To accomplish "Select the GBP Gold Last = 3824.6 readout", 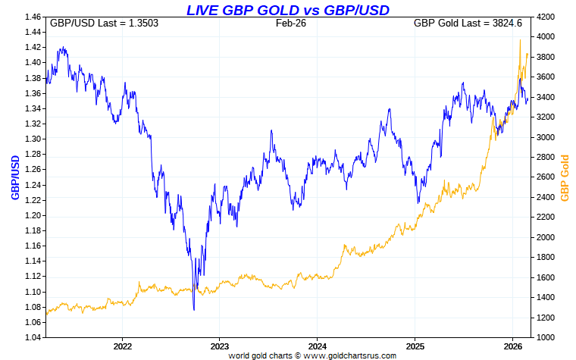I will [468, 23].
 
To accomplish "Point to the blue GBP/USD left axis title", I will [14, 177].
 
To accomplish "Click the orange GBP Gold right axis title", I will [564, 177].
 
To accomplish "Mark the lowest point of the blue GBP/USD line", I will [194, 309].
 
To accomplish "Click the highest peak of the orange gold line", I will [521, 40].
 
